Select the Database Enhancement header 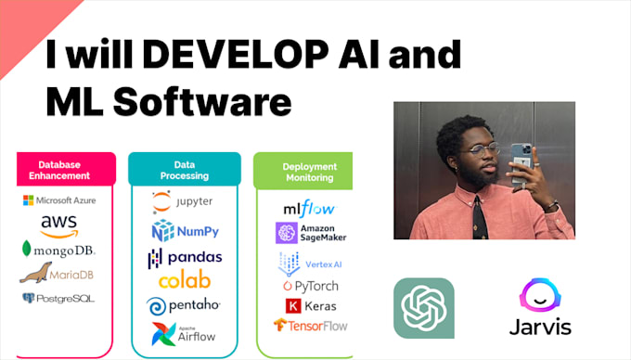tap(65, 169)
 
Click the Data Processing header tap(184, 169)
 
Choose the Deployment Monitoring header tap(309, 172)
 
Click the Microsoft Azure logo tap(58, 200)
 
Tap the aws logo tap(58, 225)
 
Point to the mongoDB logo tap(58, 250)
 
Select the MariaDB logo tap(57, 274)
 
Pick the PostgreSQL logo tap(58, 299)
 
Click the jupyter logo tap(183, 200)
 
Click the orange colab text tap(184, 280)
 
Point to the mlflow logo tap(309, 208)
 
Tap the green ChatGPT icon tap(423, 307)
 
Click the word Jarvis tap(539, 327)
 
